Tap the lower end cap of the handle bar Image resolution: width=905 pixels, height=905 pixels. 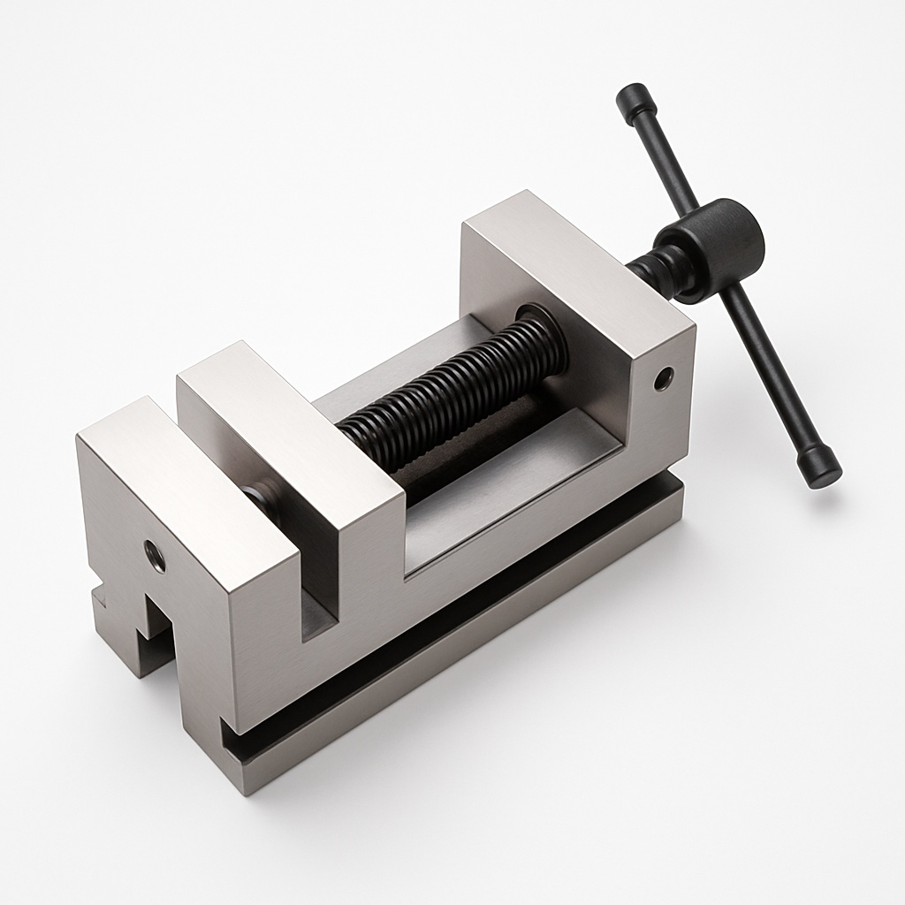[x=819, y=468]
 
